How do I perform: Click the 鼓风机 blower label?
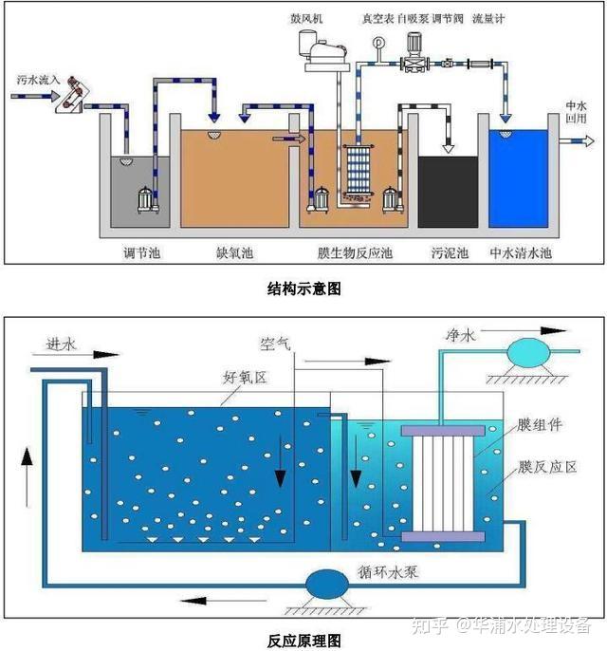[x=312, y=18]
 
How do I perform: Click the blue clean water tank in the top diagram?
[x=521, y=185]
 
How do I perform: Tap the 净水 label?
[x=459, y=335]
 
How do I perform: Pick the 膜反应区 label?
[x=541, y=467]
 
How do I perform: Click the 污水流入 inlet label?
[x=39, y=84]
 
